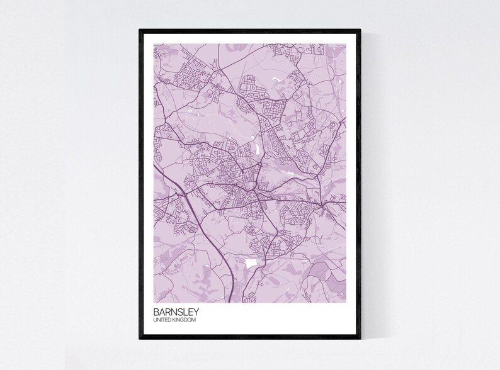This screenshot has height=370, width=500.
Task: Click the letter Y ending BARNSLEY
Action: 200,311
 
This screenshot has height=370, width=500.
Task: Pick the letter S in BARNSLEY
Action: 179,311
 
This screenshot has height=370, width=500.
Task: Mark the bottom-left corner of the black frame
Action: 140,340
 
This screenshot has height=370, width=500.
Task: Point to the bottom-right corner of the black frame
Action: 360,340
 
